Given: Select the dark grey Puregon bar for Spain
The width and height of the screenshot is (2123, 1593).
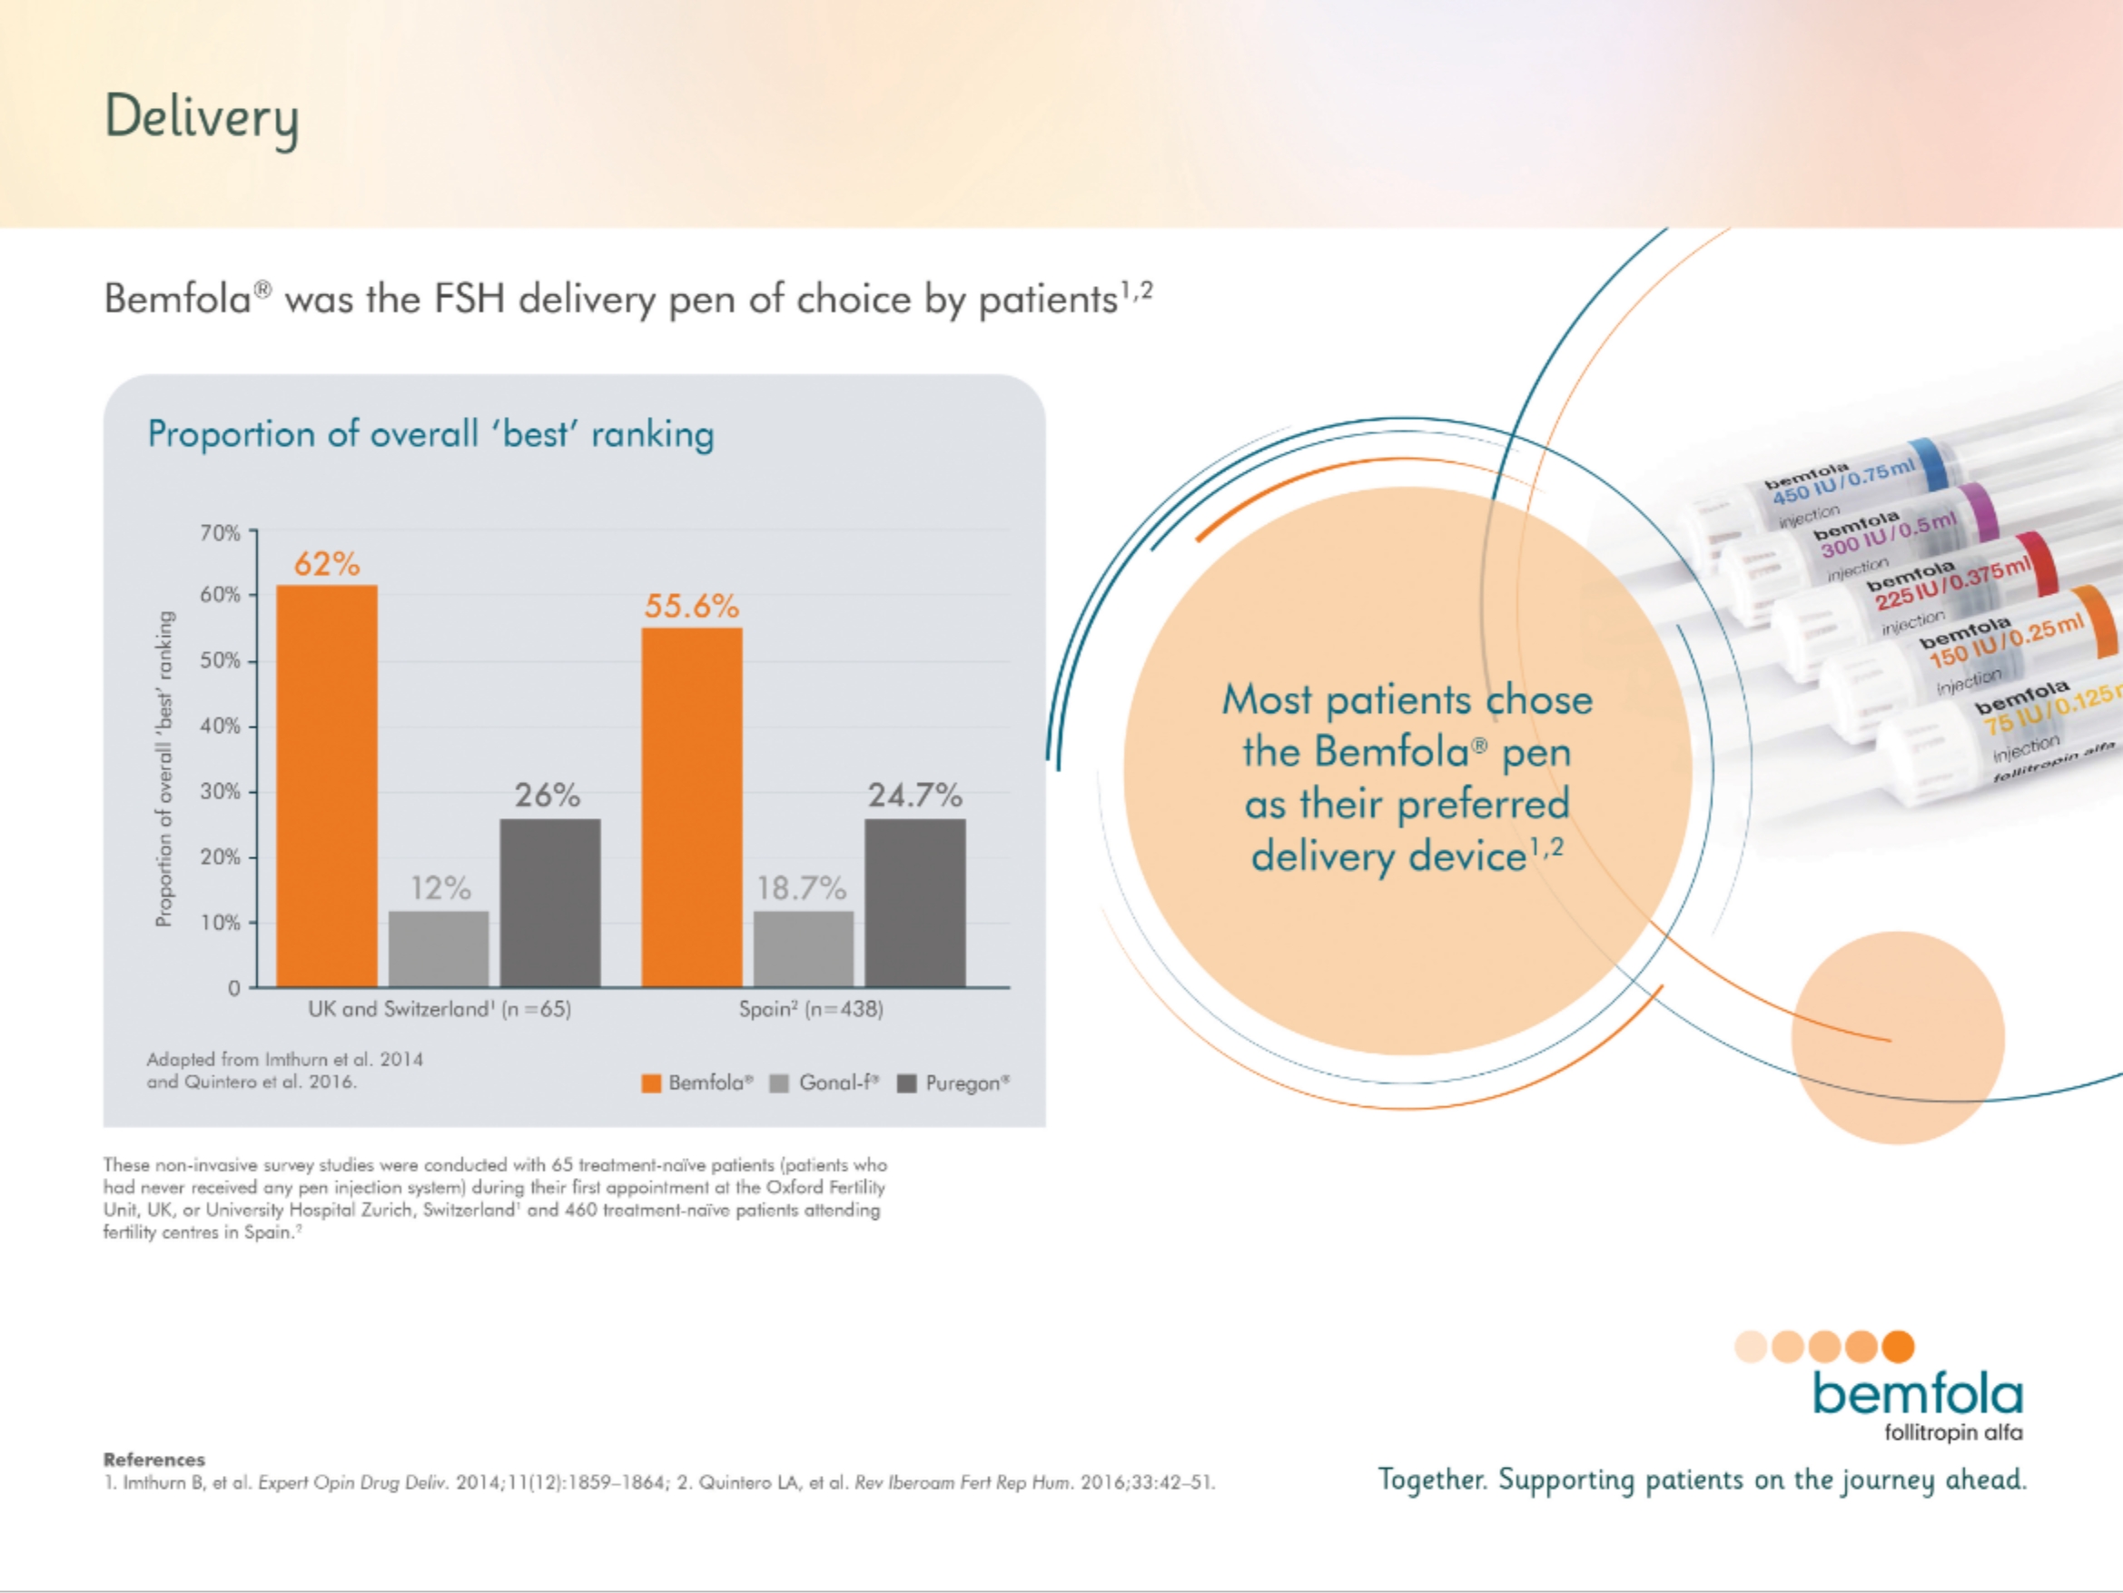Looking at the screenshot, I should point(914,903).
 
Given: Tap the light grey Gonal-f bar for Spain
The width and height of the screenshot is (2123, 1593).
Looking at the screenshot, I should point(804,949).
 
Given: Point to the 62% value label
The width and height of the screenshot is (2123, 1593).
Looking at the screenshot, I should point(326,564).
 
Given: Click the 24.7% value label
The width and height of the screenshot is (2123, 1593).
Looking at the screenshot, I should point(914,795).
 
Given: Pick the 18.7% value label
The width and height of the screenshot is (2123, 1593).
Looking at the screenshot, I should point(802,888).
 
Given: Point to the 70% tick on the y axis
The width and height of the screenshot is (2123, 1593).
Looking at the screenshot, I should point(221,533).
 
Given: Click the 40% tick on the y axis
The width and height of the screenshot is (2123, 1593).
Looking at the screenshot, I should point(221,726).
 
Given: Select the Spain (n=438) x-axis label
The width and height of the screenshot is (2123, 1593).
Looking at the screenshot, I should point(811,1009).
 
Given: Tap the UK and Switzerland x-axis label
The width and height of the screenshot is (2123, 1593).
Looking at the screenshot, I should point(439,1009).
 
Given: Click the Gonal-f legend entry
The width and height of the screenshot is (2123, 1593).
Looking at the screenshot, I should point(825,1083).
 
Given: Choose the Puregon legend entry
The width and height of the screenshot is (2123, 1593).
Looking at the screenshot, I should point(954,1083).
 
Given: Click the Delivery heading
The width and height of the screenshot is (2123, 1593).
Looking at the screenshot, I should point(202,117).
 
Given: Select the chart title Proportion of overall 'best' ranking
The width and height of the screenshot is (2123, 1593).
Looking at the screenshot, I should point(431,434).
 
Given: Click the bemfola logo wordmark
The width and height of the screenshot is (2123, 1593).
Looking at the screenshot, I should point(1918,1394).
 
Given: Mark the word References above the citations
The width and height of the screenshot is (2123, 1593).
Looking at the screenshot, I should point(153,1459).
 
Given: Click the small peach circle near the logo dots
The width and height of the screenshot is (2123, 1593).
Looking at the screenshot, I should point(1898,1038).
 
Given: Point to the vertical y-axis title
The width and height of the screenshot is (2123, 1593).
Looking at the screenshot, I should point(165,768).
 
